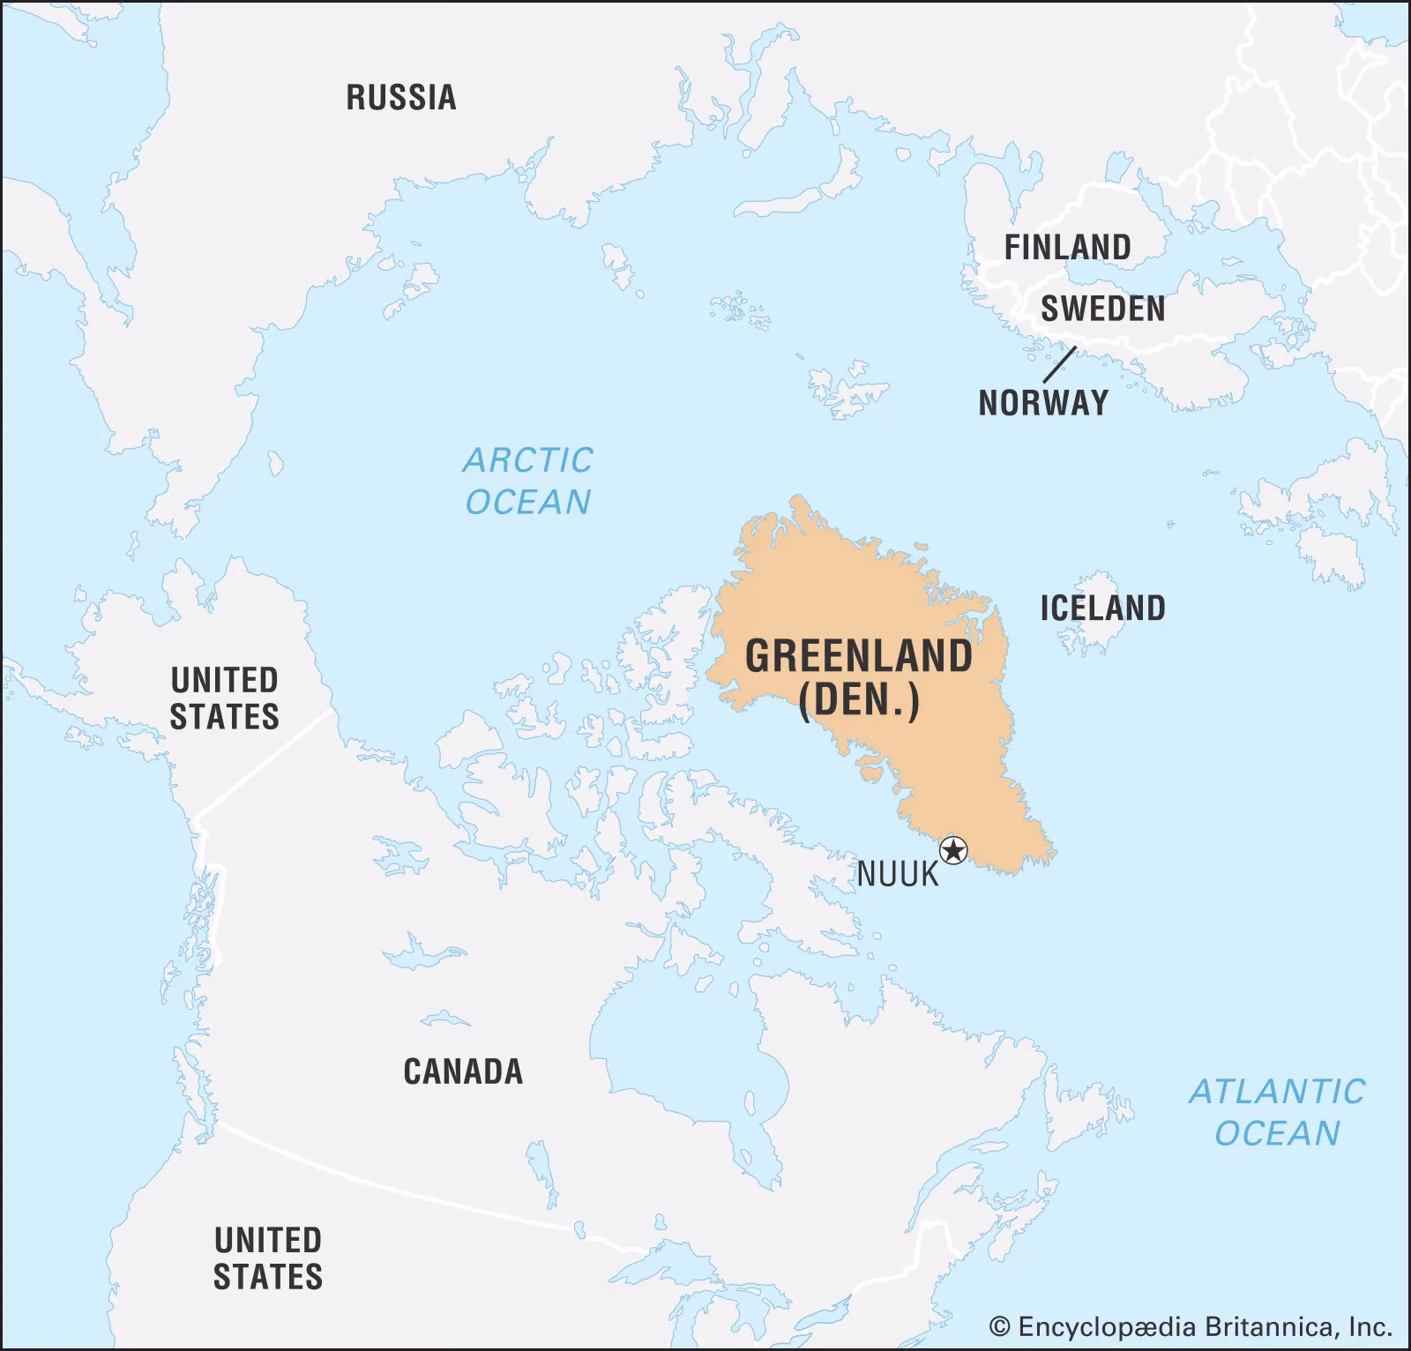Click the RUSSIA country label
click(x=401, y=97)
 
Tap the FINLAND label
click(x=1067, y=247)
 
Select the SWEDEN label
click(x=1102, y=309)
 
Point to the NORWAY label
click(x=1043, y=403)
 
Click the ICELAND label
click(x=1102, y=608)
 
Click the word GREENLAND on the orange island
click(x=859, y=657)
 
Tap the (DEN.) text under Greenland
click(x=859, y=702)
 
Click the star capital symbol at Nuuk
click(x=953, y=851)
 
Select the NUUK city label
click(x=898, y=875)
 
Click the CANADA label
click(x=463, y=1071)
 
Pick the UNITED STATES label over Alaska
click(x=224, y=698)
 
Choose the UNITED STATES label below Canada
click(x=268, y=1258)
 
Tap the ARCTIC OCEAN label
click(x=528, y=481)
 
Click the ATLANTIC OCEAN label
click(x=1277, y=1112)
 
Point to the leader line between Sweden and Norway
click(x=1059, y=364)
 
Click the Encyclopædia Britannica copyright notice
click(x=1191, y=1326)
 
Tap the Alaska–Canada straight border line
click(x=265, y=763)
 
